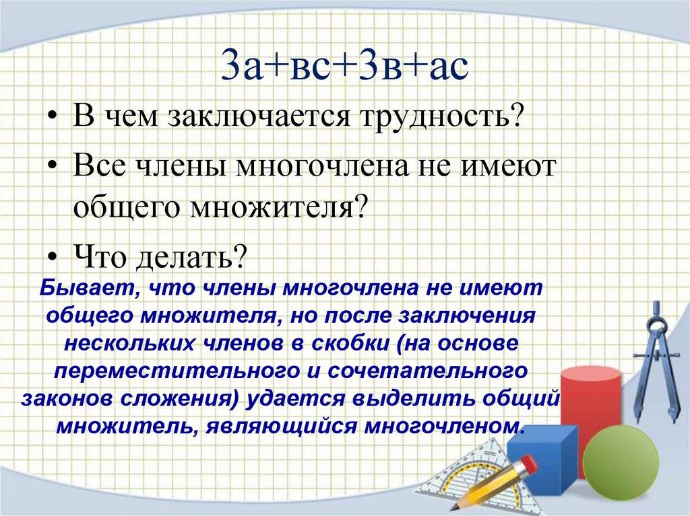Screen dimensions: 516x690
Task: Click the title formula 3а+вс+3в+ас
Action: [x=345, y=67]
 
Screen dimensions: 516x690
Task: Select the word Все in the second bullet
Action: [x=100, y=165]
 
